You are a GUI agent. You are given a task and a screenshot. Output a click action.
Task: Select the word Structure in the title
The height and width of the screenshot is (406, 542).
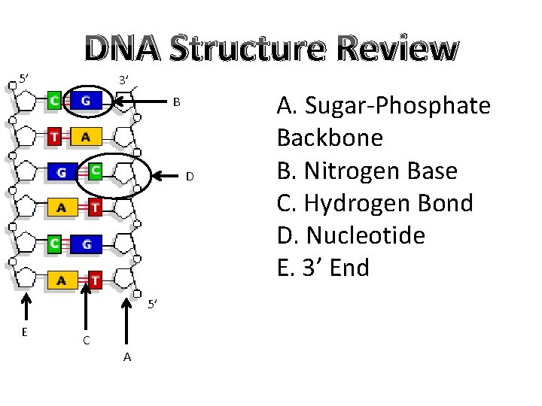(251, 49)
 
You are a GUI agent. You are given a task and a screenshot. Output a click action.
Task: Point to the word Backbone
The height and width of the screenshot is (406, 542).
(330, 138)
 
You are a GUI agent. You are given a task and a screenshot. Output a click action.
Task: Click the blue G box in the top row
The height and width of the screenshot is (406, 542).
(87, 100)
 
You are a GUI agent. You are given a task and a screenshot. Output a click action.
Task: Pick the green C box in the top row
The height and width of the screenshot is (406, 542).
(54, 100)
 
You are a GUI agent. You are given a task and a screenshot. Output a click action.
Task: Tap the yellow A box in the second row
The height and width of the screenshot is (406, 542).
(86, 137)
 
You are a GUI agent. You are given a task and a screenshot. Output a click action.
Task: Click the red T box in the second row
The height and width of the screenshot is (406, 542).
(54, 137)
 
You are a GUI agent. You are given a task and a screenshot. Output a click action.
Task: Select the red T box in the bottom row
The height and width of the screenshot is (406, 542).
(95, 280)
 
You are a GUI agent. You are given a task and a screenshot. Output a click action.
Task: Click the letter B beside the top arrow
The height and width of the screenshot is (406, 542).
(176, 101)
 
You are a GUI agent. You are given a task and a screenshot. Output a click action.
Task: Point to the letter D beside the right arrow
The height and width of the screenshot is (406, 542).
(190, 177)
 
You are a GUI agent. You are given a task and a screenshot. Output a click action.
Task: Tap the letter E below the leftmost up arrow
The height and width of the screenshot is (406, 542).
(25, 332)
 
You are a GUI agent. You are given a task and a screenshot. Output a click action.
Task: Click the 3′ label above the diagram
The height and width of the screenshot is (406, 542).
(124, 80)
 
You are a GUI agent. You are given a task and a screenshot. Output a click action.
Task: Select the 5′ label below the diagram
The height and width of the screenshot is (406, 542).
(151, 304)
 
